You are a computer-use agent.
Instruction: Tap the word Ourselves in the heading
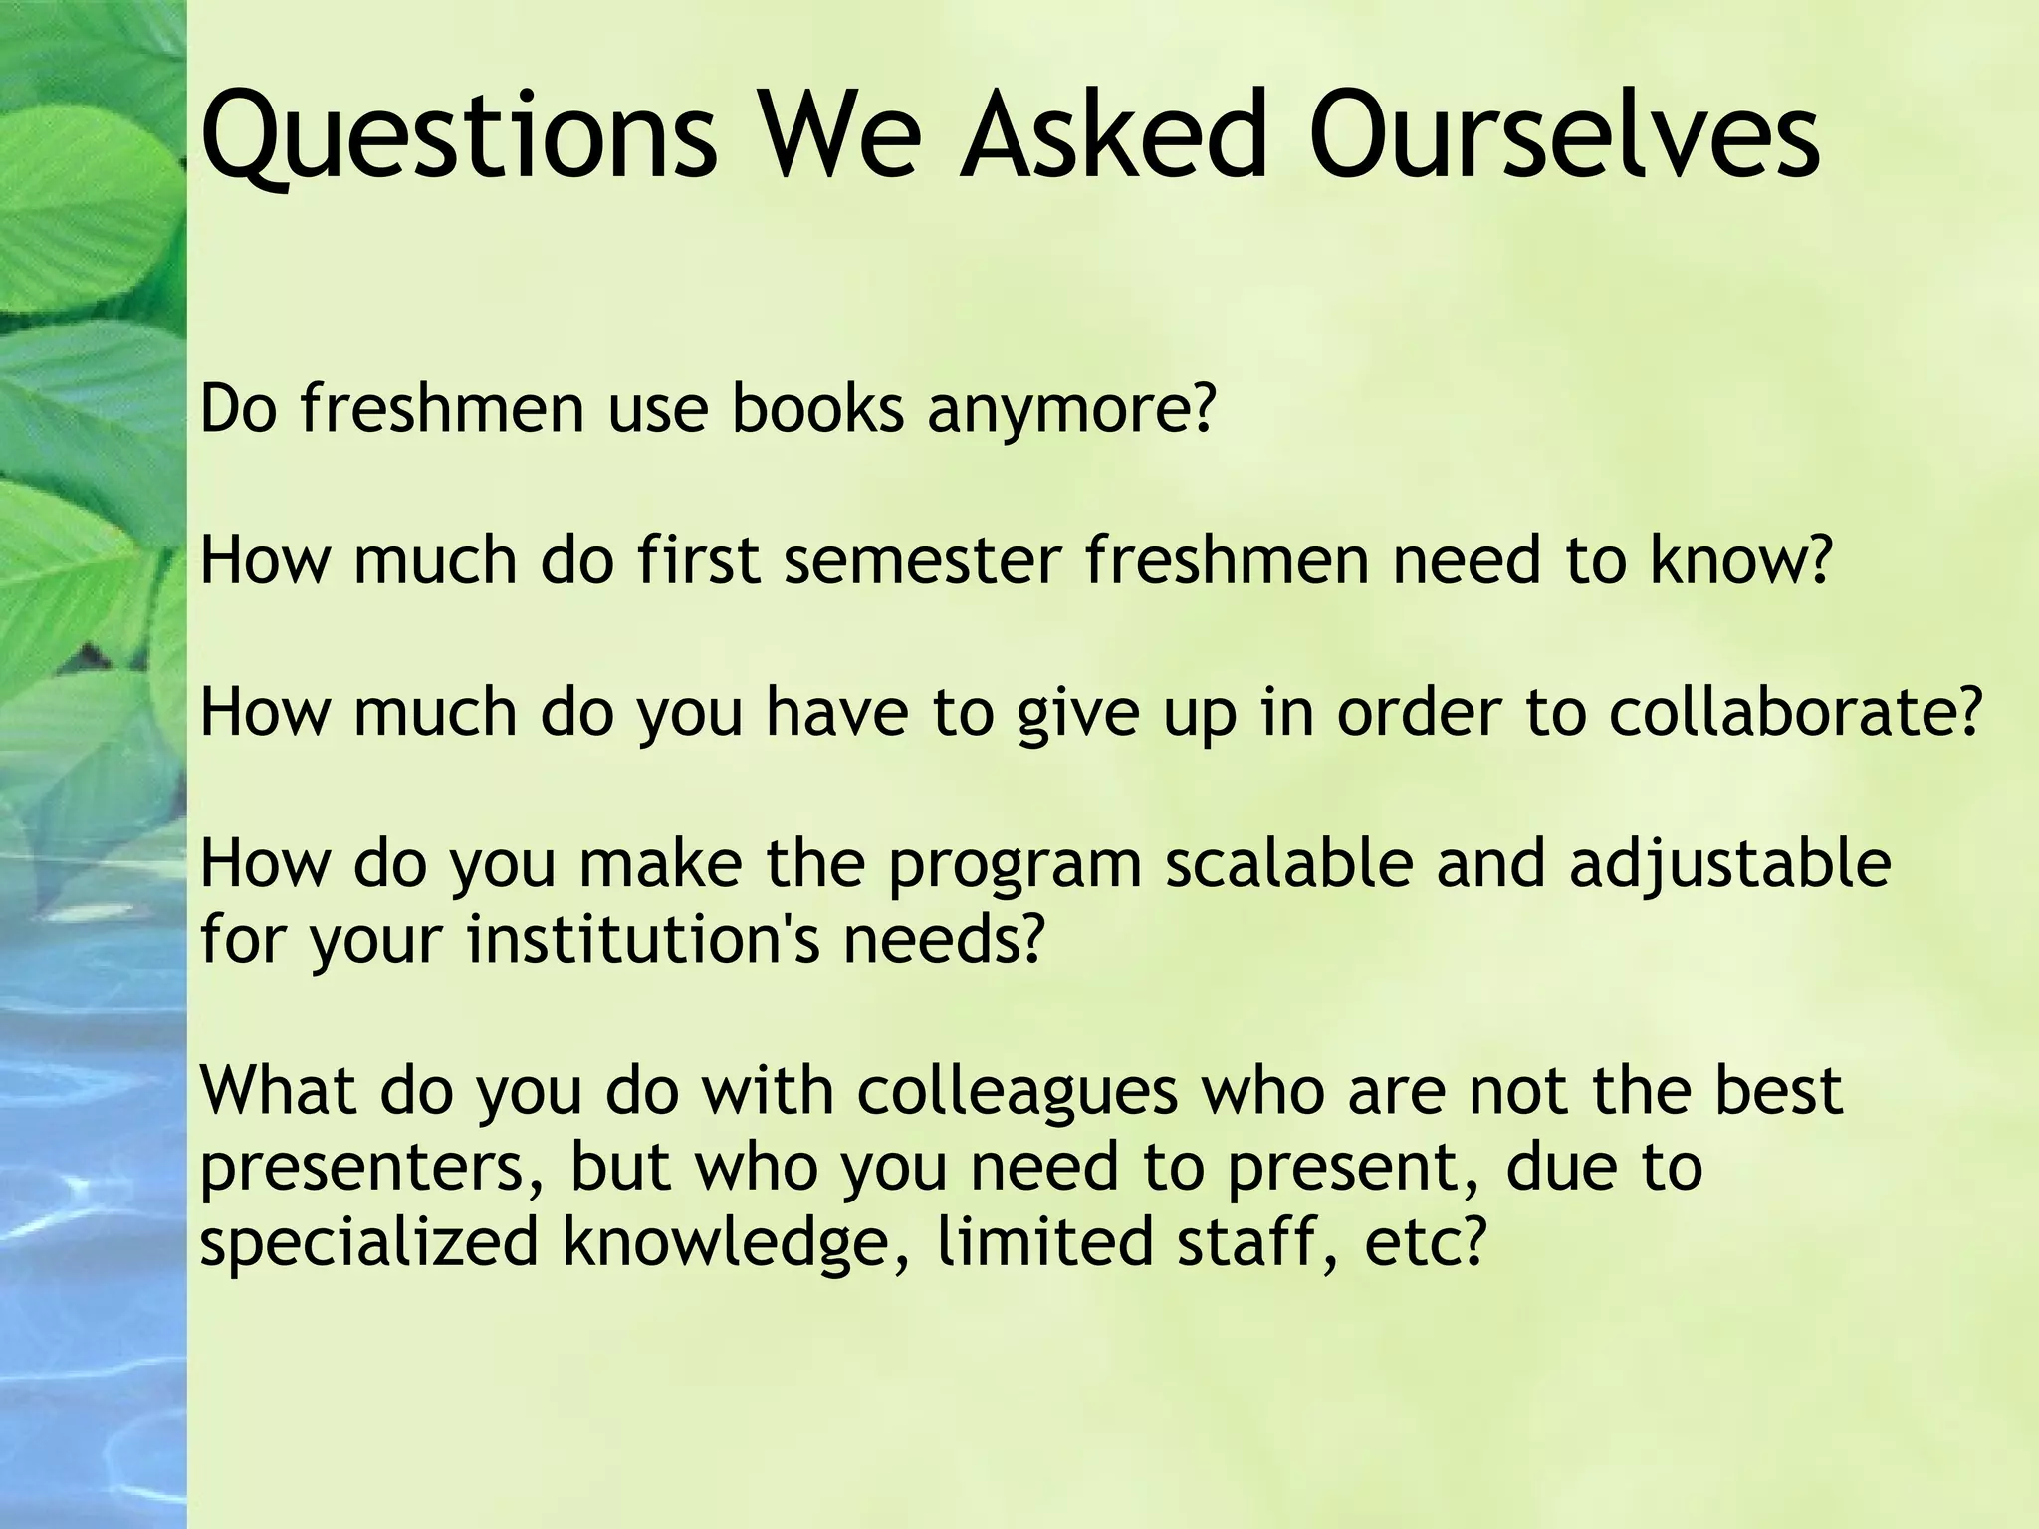[x=1564, y=135]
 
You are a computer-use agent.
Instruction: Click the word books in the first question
[x=817, y=409]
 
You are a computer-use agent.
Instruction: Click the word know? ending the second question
[x=1741, y=560]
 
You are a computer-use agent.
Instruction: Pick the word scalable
[x=1288, y=863]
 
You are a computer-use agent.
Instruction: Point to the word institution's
[x=643, y=939]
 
